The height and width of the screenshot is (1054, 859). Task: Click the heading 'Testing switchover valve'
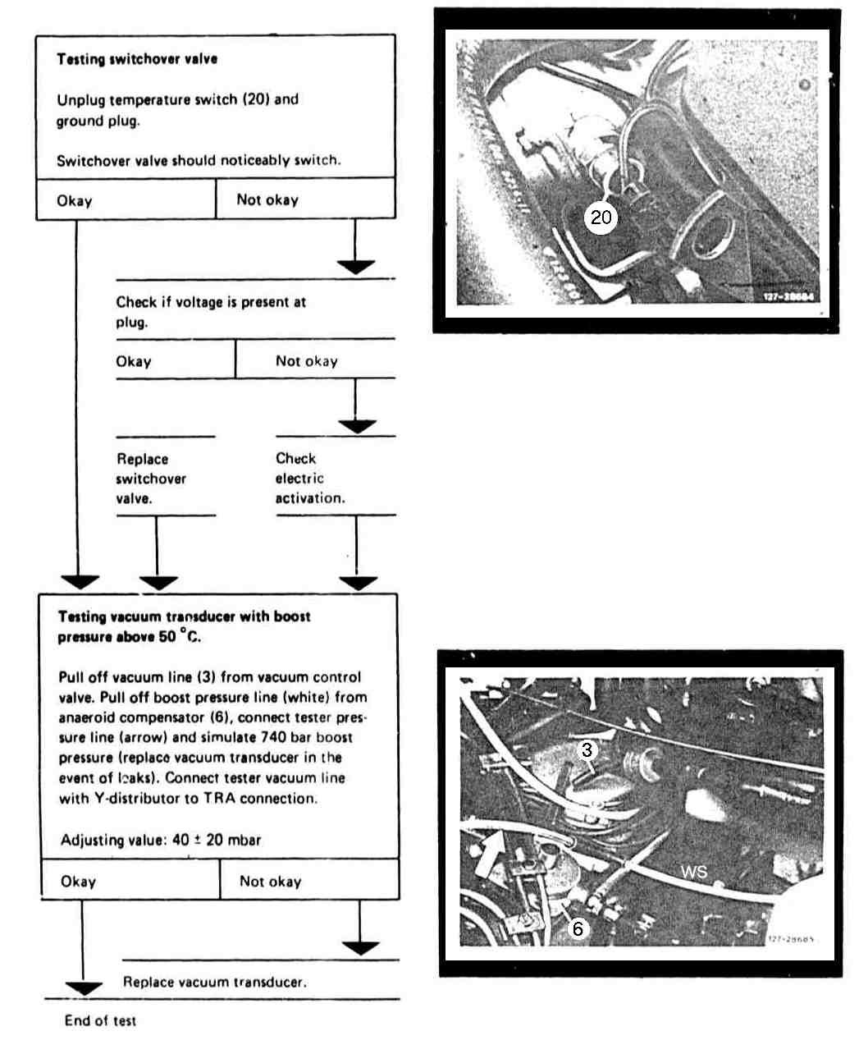[x=137, y=59]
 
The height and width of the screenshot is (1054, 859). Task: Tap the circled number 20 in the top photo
[x=601, y=217]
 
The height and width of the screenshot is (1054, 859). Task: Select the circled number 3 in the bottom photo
[x=587, y=749]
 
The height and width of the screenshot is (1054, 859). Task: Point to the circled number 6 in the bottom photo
[x=578, y=928]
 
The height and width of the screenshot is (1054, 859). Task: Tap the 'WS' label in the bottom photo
[x=693, y=871]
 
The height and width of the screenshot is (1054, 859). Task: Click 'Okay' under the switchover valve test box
[x=75, y=200]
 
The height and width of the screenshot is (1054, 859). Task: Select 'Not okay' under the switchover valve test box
[x=267, y=199]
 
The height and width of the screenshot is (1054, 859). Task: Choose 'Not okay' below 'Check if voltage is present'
[x=306, y=361]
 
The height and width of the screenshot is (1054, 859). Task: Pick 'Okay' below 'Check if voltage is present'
[x=134, y=361]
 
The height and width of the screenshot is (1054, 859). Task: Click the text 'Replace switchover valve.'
[x=151, y=479]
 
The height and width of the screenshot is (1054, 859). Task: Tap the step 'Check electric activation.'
[x=309, y=479]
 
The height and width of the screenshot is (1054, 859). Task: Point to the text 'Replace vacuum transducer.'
[x=215, y=982]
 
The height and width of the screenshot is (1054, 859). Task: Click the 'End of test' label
[x=100, y=1020]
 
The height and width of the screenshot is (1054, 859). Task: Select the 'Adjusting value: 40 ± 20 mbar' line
[x=161, y=840]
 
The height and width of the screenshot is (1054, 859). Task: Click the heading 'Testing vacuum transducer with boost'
[x=184, y=616]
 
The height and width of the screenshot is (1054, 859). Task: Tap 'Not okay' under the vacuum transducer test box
[x=271, y=881]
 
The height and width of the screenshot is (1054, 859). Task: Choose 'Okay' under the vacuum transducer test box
[x=79, y=881]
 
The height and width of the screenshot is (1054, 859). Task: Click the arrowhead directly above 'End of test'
[x=84, y=988]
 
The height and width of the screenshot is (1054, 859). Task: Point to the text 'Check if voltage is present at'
[x=211, y=302]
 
